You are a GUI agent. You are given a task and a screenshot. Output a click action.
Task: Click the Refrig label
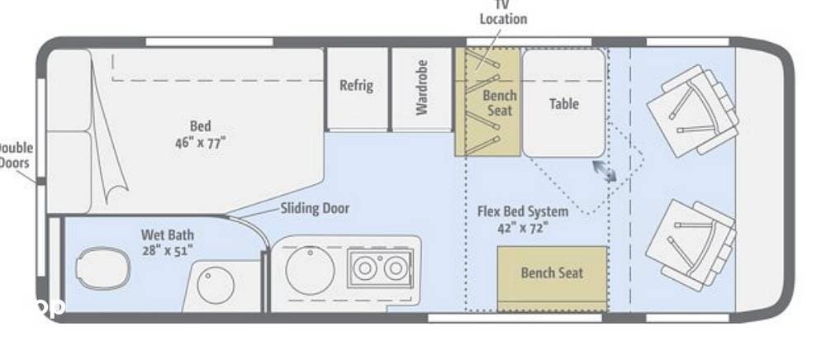point(356,85)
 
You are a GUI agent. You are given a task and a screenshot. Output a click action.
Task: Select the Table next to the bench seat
point(563,103)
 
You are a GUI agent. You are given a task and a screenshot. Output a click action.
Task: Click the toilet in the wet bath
point(102,270)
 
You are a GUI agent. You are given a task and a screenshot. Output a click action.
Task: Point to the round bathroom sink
point(216,286)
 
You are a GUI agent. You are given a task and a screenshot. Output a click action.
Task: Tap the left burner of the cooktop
point(364,268)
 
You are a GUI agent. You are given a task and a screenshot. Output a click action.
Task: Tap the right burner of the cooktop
point(396,268)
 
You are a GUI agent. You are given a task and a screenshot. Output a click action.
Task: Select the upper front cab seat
point(692,111)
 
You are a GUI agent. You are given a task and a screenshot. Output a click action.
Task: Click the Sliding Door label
point(314,208)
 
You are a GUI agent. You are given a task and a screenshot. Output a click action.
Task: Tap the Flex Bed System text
point(523,211)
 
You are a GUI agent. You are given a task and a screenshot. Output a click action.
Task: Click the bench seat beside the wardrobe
point(487,102)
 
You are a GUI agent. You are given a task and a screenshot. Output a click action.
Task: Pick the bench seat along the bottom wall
point(552,273)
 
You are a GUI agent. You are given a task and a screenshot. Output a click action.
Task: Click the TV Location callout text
point(503,13)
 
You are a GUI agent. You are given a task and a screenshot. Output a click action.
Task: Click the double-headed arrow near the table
point(603,170)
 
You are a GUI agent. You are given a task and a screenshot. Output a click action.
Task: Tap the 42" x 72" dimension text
point(523,227)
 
